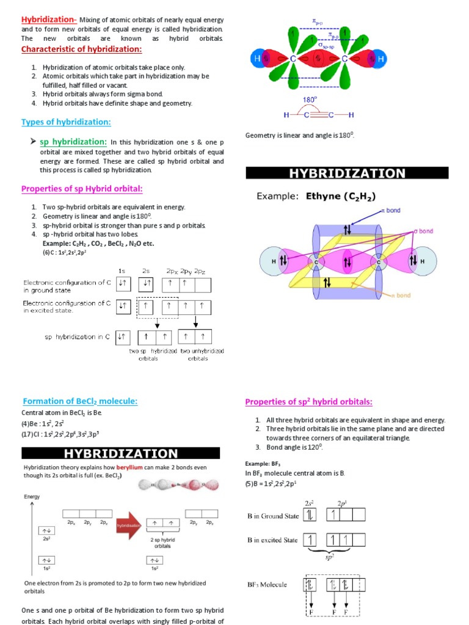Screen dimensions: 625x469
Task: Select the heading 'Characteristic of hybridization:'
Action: [82, 49]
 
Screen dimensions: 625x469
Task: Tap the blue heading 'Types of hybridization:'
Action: [66, 122]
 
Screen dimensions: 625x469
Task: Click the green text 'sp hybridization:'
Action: [73, 142]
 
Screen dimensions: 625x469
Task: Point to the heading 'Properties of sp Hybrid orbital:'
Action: [82, 188]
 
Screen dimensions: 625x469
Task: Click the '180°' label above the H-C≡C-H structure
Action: [310, 99]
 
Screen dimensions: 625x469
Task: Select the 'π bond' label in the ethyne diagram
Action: [390, 210]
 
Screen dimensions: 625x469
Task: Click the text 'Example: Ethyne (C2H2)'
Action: [316, 196]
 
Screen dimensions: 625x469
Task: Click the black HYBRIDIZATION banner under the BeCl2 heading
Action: [121, 453]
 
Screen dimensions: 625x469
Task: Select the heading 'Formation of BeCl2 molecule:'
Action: [80, 401]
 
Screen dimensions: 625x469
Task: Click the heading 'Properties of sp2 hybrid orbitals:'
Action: [308, 402]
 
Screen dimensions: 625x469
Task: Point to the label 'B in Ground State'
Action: [273, 516]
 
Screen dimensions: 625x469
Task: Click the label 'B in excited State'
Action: [272, 540]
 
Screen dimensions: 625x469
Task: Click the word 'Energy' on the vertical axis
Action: [32, 497]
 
